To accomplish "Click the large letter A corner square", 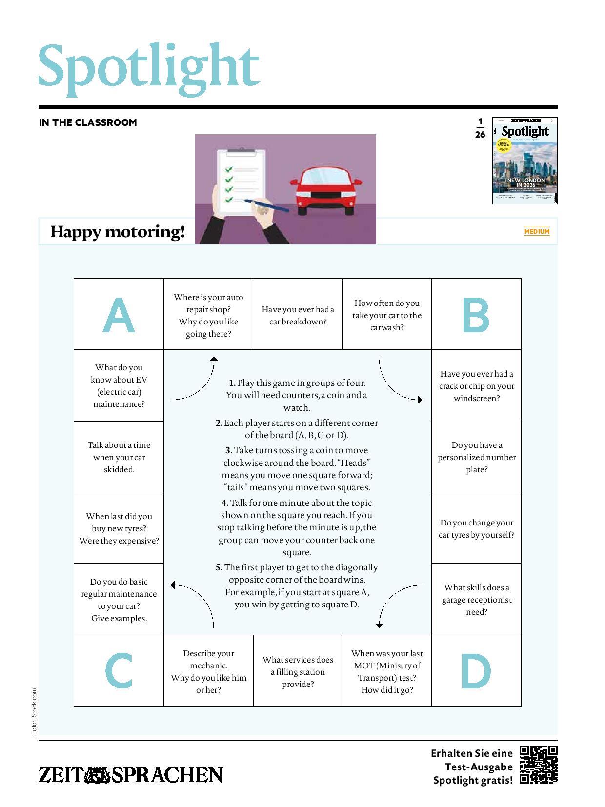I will (x=119, y=314).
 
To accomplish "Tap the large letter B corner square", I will (x=476, y=314).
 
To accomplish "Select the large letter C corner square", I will (x=119, y=670).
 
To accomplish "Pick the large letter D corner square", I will (x=476, y=670).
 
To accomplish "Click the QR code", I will (x=538, y=764).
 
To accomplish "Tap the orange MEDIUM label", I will (x=537, y=231).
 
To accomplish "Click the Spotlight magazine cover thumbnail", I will (x=524, y=161).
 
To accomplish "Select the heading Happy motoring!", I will (x=118, y=231).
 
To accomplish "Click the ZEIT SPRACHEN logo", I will (x=131, y=774).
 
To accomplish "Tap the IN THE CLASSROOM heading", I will (x=88, y=122).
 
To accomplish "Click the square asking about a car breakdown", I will (x=298, y=315).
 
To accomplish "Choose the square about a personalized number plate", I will (x=476, y=457).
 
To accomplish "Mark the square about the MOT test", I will (x=387, y=671).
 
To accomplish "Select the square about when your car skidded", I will (x=119, y=457).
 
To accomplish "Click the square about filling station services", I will (x=298, y=671).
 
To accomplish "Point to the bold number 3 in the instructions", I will (x=228, y=450).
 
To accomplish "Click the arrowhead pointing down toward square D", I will (x=380, y=625).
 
